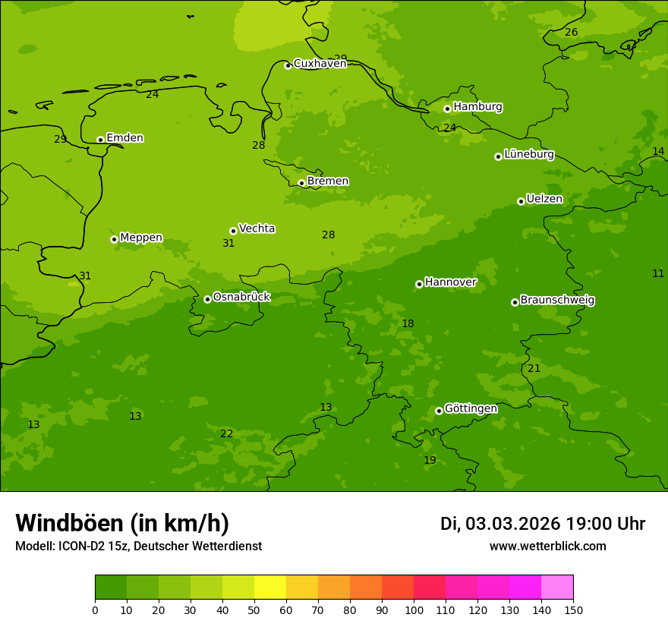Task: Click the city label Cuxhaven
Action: (320, 64)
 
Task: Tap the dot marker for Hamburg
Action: (447, 109)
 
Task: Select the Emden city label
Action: (124, 138)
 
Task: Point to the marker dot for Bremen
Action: (301, 183)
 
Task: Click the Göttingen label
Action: (471, 408)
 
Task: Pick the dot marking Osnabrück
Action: (207, 299)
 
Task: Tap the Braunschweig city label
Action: (557, 300)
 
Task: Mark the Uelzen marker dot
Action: (521, 201)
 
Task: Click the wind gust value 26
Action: (571, 32)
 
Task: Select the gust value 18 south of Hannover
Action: (408, 324)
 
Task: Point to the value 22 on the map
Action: (226, 433)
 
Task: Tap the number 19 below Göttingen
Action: (430, 460)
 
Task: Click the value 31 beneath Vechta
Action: (228, 244)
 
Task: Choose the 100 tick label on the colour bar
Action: (414, 610)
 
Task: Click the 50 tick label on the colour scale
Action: (254, 610)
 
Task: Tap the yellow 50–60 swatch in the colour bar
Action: (270, 587)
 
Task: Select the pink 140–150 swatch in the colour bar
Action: (557, 587)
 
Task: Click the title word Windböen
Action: (69, 523)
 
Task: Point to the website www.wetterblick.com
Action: (547, 546)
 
